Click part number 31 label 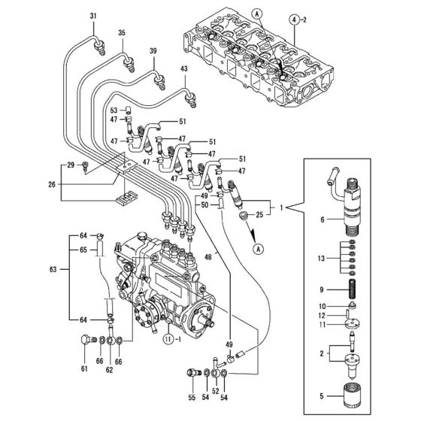[94, 16]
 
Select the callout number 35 [123, 32]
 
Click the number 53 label [114, 111]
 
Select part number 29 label [71, 164]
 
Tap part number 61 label [83, 369]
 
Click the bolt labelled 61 [83, 347]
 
